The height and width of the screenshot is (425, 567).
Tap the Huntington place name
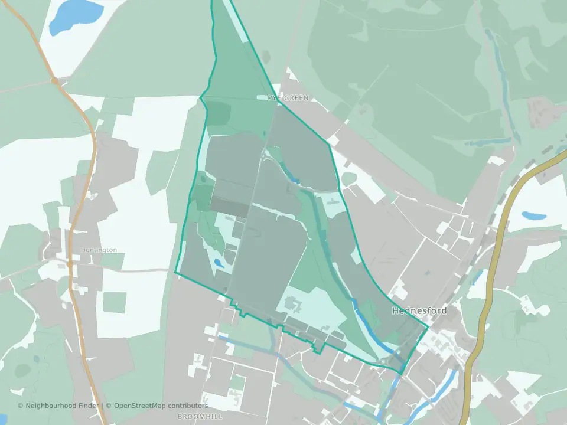click(x=99, y=250)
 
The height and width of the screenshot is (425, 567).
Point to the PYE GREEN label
click(x=288, y=98)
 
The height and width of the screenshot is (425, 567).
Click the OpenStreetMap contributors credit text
click(x=161, y=406)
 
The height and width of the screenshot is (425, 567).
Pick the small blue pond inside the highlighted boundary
click(x=218, y=262)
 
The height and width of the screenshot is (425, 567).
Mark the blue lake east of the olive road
click(x=534, y=215)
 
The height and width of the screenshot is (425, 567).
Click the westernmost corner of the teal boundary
click(x=175, y=272)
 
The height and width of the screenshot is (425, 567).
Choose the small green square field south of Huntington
click(x=114, y=302)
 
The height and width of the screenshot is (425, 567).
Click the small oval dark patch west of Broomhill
click(x=22, y=370)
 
